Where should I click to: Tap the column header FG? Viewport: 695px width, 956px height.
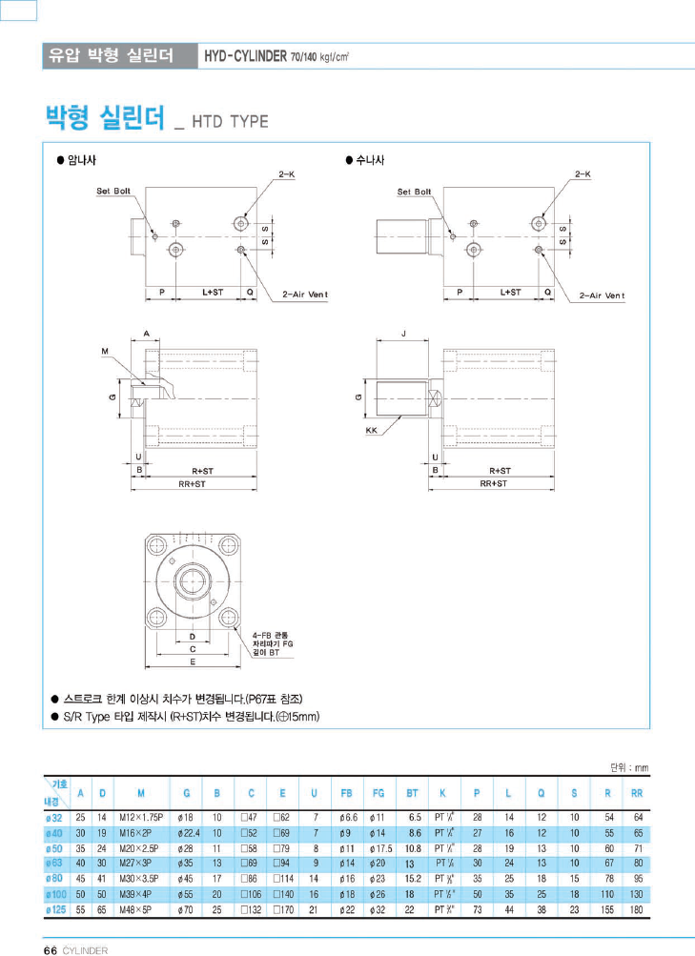tap(377, 793)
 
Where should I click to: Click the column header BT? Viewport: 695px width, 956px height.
tap(412, 793)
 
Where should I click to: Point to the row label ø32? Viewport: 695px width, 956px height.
tap(53, 818)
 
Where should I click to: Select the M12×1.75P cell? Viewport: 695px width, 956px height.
tap(141, 818)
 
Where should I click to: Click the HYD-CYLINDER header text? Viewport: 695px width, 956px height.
tap(245, 55)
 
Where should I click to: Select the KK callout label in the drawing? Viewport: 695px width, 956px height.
tap(372, 431)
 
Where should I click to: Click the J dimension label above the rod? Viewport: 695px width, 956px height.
tap(404, 334)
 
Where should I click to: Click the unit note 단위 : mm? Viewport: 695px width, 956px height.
tap(628, 765)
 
